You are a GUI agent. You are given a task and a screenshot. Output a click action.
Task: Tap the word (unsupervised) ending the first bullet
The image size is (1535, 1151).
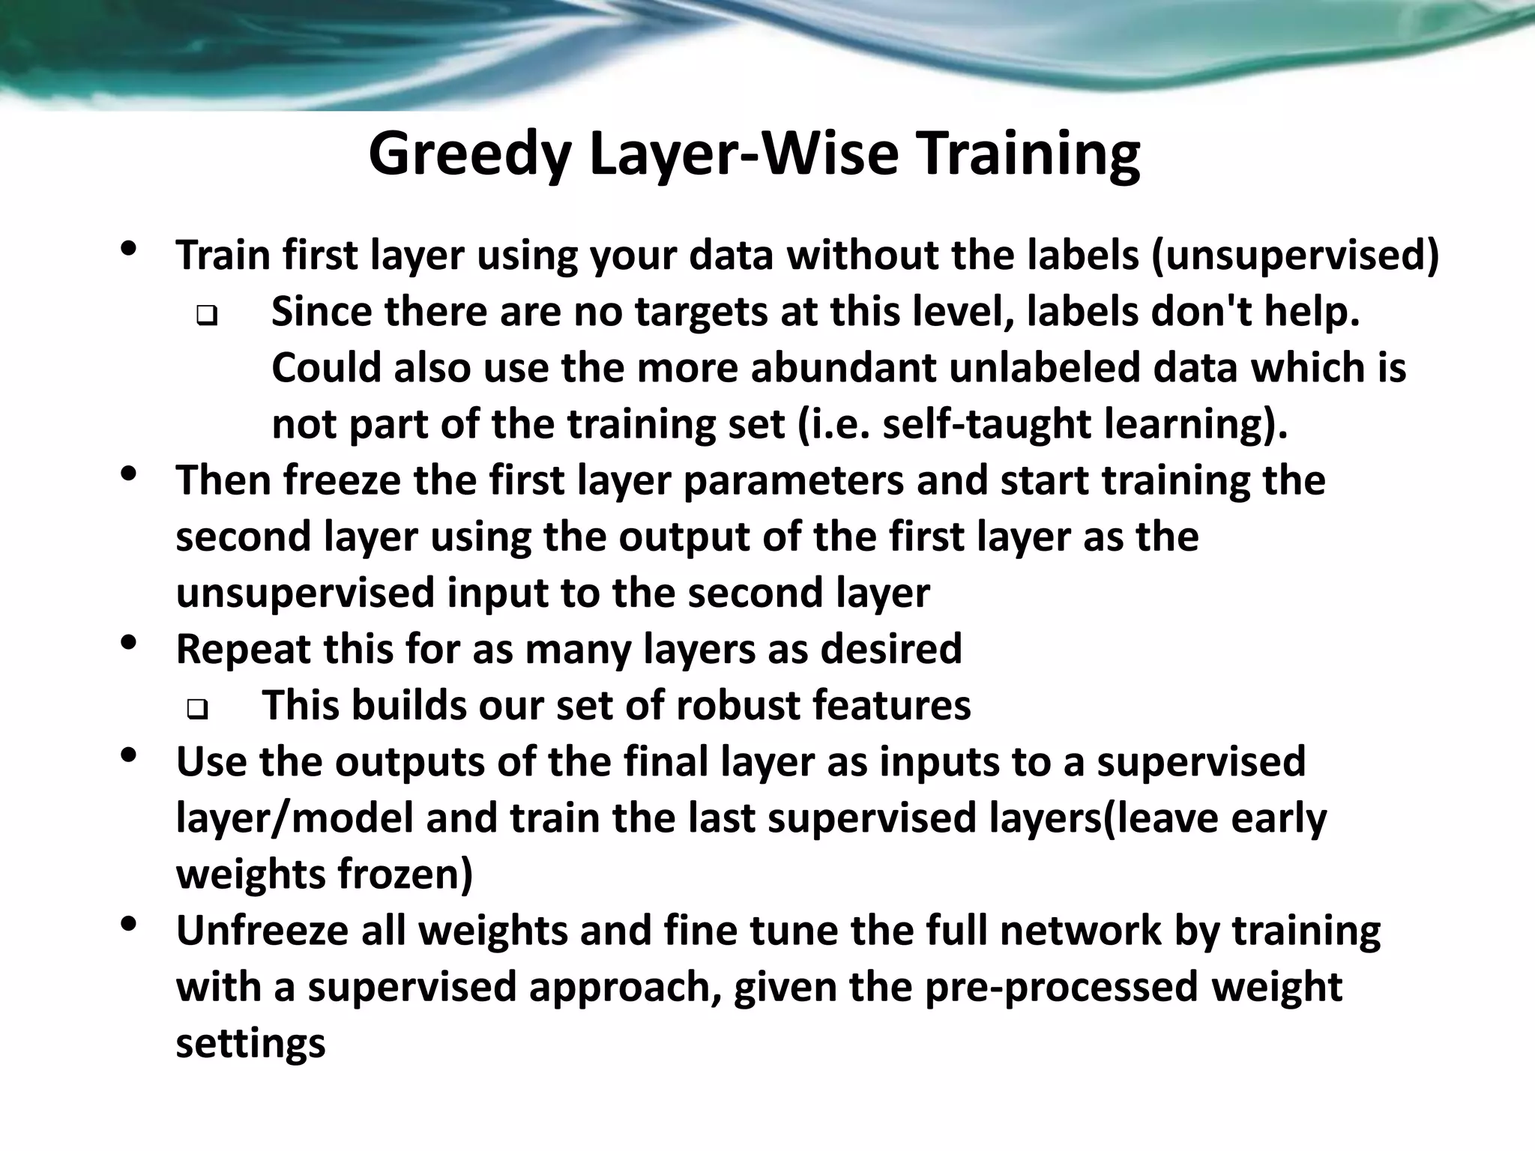pyautogui.click(x=1295, y=256)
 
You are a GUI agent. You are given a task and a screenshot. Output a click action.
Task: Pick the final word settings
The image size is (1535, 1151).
pyautogui.click(x=250, y=1043)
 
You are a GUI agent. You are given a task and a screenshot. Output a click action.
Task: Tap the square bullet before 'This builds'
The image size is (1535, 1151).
pyautogui.click(x=196, y=710)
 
